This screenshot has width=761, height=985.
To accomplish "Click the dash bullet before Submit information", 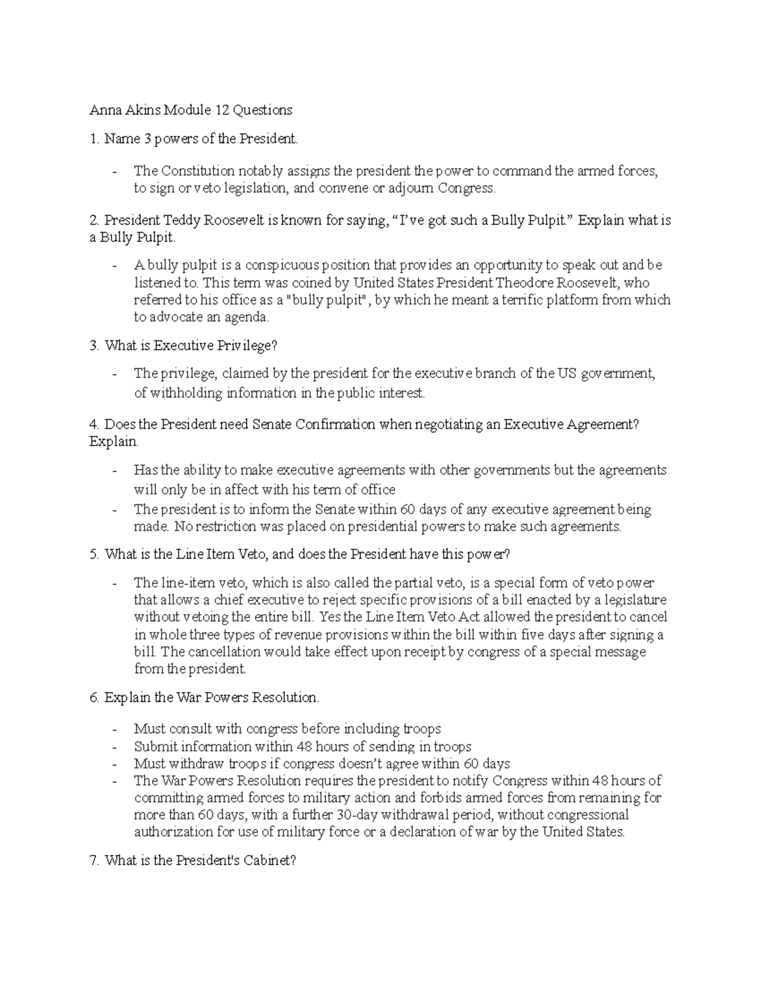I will tap(114, 747).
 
